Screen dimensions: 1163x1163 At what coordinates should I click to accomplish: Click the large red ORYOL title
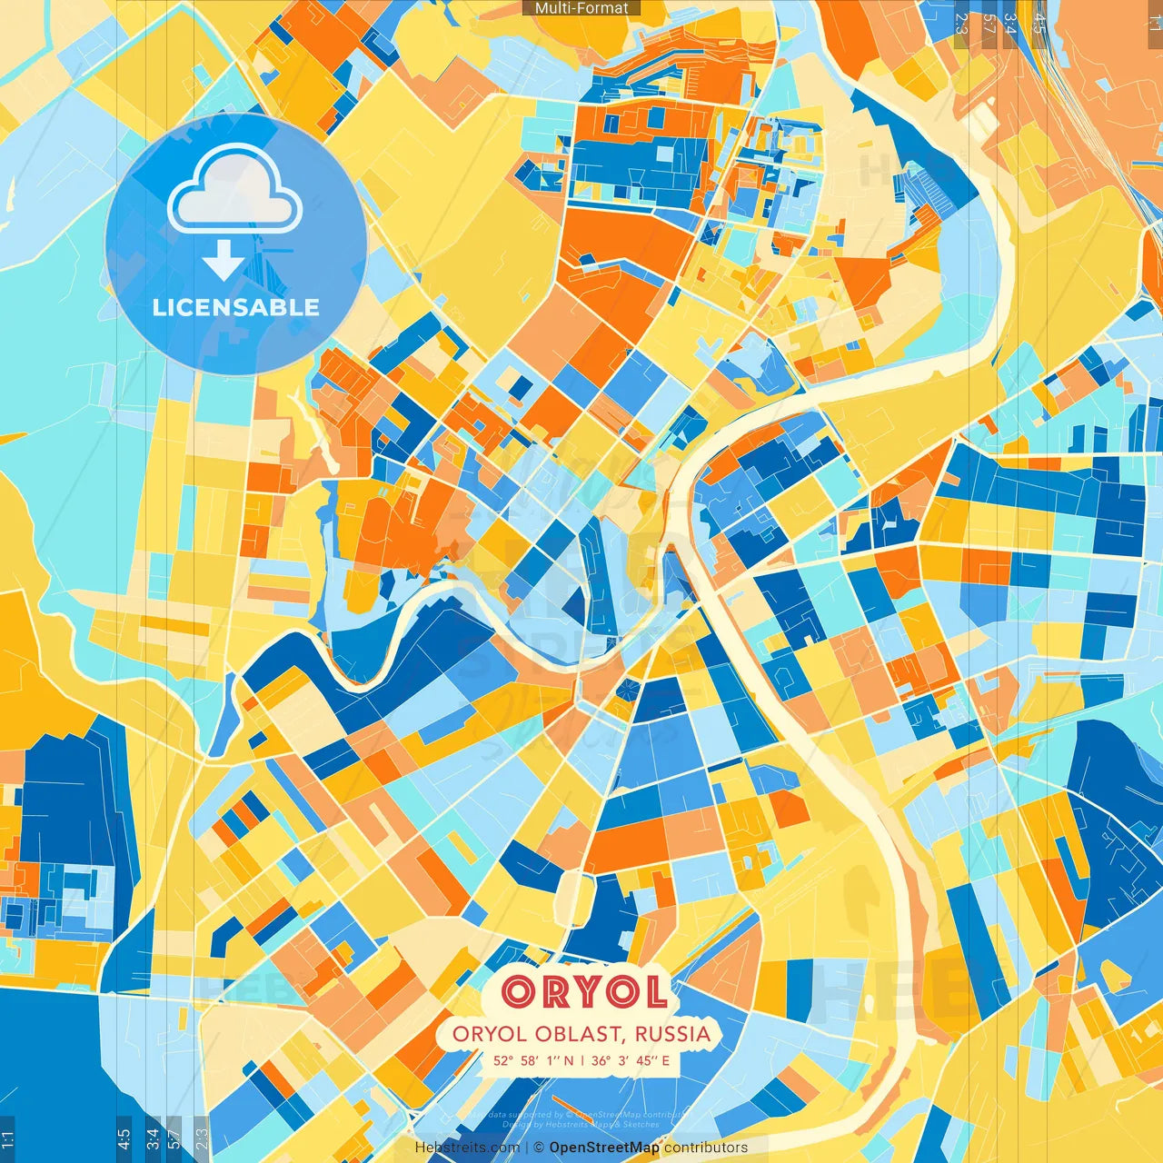[x=584, y=991]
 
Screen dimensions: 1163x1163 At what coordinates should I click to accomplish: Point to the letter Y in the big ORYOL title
[x=584, y=991]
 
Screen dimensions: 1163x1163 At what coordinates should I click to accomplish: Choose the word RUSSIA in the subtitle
[x=672, y=1034]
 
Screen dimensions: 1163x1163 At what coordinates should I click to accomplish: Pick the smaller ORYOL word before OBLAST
[x=489, y=1034]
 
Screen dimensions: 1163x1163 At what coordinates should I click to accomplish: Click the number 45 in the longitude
[x=647, y=1060]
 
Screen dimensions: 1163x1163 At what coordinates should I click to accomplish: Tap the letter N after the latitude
[x=568, y=1060]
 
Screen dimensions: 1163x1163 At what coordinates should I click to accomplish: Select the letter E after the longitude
[x=666, y=1060]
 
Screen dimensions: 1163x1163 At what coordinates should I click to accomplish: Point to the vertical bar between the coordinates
[x=581, y=1060]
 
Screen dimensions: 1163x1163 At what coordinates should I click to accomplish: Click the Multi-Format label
[x=581, y=8]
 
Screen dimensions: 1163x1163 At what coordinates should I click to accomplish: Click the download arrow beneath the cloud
[x=224, y=262]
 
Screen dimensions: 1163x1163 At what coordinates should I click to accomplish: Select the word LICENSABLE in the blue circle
[x=236, y=307]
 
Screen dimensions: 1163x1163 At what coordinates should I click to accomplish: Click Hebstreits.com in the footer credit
[x=467, y=1148]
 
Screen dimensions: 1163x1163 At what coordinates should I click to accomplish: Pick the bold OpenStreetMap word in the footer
[x=604, y=1148]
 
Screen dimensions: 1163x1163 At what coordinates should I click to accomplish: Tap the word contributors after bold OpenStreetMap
[x=706, y=1148]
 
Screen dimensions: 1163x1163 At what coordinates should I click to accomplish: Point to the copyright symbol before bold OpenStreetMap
[x=539, y=1148]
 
